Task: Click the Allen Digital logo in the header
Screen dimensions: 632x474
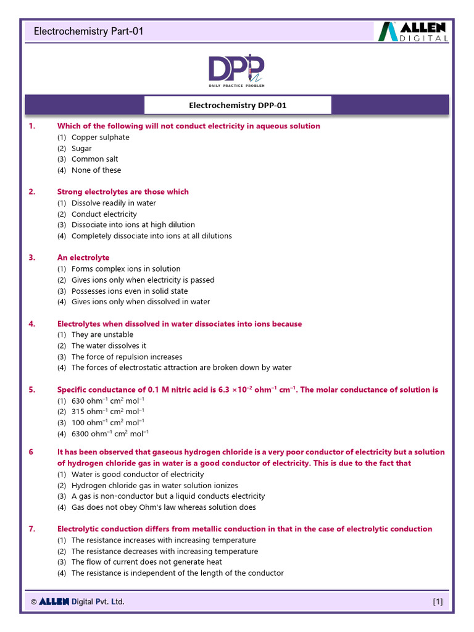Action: [413, 31]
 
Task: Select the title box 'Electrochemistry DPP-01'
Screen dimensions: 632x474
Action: [238, 106]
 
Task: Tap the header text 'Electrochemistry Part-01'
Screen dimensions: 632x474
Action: [88, 31]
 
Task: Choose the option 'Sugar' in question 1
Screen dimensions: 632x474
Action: [81, 148]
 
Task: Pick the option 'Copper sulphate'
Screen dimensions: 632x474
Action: [100, 137]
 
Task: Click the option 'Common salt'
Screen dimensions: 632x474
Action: [94, 159]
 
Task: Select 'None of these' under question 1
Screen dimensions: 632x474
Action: [96, 170]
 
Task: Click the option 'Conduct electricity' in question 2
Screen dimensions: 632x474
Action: [104, 214]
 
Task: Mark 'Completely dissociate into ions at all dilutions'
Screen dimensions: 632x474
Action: [151, 236]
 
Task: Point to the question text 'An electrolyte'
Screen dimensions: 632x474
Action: [83, 258]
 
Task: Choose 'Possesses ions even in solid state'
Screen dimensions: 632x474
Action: [130, 291]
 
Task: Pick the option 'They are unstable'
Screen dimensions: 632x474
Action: [102, 335]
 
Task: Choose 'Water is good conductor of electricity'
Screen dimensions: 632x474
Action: [137, 475]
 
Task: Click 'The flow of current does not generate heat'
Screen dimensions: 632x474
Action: [146, 562]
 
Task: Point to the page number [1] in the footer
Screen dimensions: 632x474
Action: [438, 602]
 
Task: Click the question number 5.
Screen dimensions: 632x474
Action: [31, 390]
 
